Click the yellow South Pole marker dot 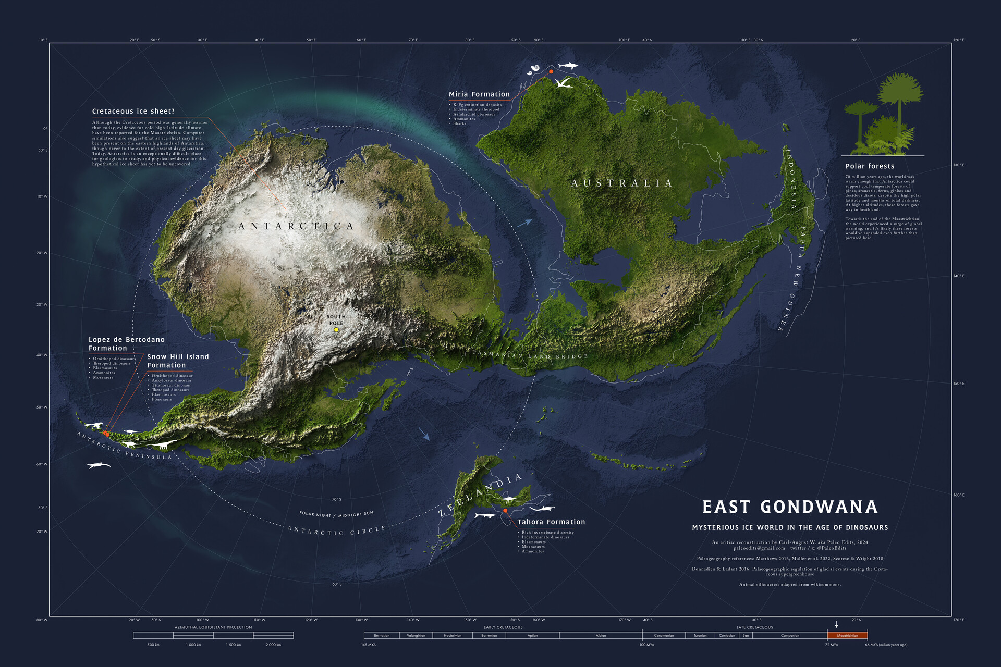pyautogui.click(x=336, y=329)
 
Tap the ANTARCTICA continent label pyautogui.click(x=296, y=226)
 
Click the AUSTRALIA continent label pyautogui.click(x=621, y=183)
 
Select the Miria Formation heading pyautogui.click(x=479, y=94)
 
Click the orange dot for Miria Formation pyautogui.click(x=551, y=71)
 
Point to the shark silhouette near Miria pyautogui.click(x=568, y=66)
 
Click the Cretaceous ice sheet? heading pyautogui.click(x=133, y=111)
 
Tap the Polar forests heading pyautogui.click(x=870, y=166)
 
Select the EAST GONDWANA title pyautogui.click(x=790, y=507)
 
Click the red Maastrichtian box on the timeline pyautogui.click(x=847, y=635)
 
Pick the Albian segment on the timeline pyautogui.click(x=601, y=635)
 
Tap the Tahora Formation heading pyautogui.click(x=551, y=522)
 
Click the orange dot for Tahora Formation pyautogui.click(x=505, y=510)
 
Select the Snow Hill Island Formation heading pyautogui.click(x=178, y=361)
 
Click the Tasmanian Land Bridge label pyautogui.click(x=530, y=356)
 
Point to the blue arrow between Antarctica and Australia pyautogui.click(x=525, y=223)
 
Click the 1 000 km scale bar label pyautogui.click(x=193, y=645)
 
